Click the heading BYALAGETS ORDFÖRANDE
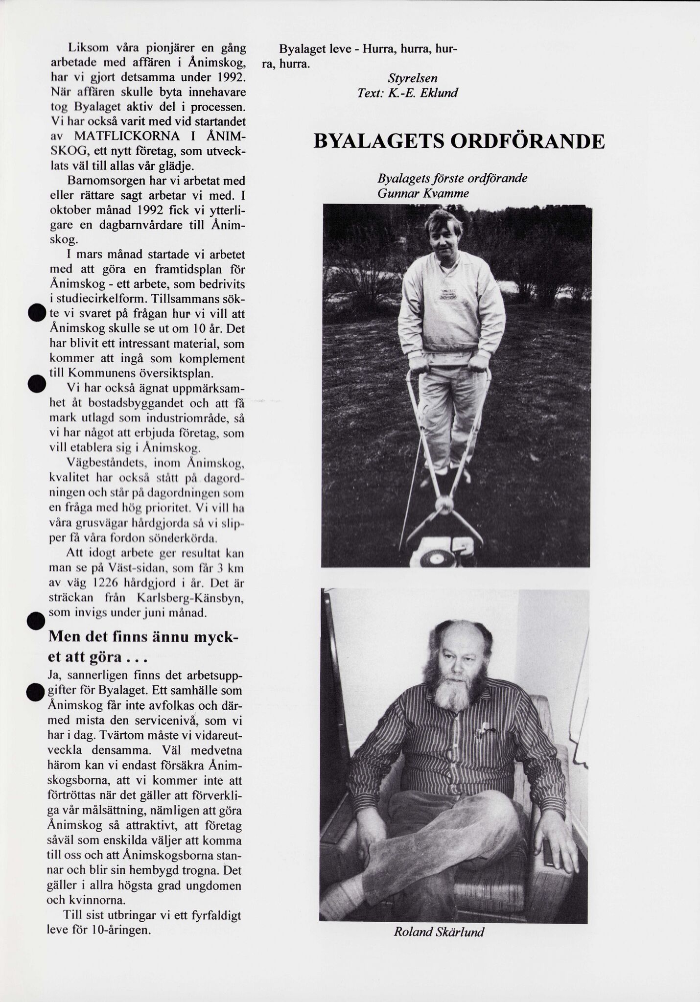pos(459,141)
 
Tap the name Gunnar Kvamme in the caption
pos(423,193)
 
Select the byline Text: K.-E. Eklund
pos(408,93)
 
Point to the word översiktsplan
pos(165,373)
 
